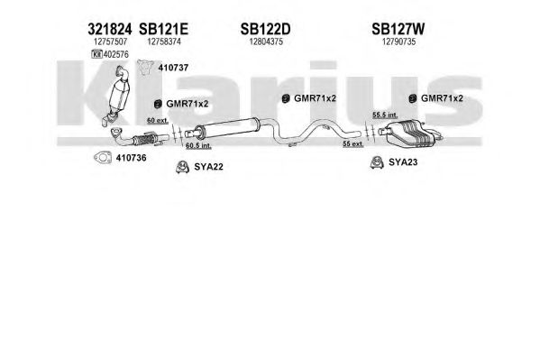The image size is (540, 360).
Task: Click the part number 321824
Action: pos(109,29)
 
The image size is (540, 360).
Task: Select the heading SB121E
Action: pos(163,29)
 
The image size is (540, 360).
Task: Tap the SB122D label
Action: pos(265,29)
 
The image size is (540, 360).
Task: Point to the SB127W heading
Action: pos(398,29)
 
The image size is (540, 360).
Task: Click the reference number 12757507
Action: pos(110,42)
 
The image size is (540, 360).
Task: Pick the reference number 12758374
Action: pos(164,42)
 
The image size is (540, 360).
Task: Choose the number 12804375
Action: pos(266,42)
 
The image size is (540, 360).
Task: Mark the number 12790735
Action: pos(398,42)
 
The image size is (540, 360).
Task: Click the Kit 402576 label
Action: pos(110,54)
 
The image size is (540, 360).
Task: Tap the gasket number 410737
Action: pos(173,68)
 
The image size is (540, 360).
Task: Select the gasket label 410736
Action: pos(132,158)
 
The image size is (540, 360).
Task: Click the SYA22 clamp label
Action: pos(209,167)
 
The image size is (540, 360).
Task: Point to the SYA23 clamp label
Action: pos(403,162)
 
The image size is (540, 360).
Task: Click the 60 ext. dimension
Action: pos(158,120)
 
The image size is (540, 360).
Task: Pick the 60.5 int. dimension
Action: pos(198,146)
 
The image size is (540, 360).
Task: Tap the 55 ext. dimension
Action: pos(353,143)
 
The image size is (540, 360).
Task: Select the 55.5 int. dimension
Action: pos(385,115)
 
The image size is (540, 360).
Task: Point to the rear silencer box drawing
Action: pos(410,133)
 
